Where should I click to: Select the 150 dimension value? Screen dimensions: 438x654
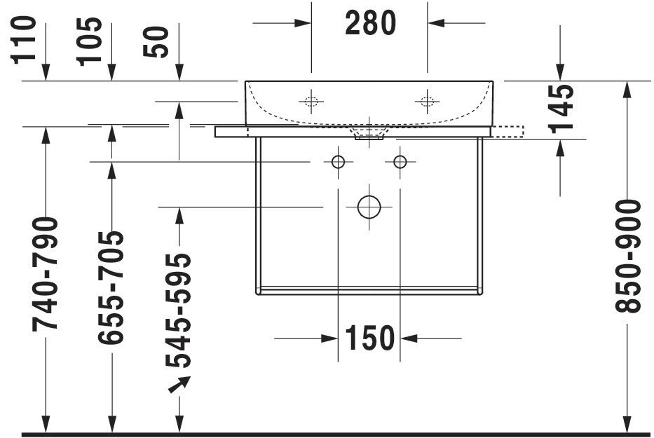pos(369,338)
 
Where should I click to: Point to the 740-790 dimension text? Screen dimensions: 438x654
pos(46,273)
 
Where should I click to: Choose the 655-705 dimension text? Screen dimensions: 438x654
pos(111,287)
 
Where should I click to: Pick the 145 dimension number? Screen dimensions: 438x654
pos(560,109)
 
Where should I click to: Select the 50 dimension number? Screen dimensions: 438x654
pos(157,42)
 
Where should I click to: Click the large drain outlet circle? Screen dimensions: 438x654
pos(369,207)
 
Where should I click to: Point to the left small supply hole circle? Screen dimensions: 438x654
pos(338,163)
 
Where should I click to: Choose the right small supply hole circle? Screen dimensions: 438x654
pos(400,163)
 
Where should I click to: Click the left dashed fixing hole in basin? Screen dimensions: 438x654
pos(311,101)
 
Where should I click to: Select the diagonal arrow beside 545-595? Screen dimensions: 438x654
pos(180,383)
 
